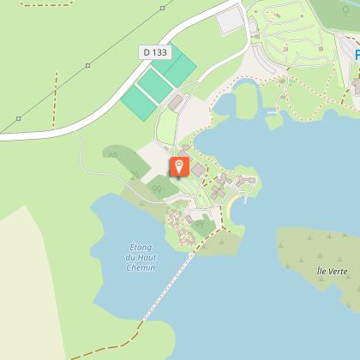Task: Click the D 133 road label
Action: (155, 52)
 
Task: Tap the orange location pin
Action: (179, 167)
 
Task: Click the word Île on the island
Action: (321, 272)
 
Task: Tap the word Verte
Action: (338, 272)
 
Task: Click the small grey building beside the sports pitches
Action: (177, 102)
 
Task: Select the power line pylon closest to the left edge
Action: (18, 117)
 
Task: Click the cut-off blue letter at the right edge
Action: (357, 56)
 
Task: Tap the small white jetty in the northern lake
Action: (272, 111)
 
